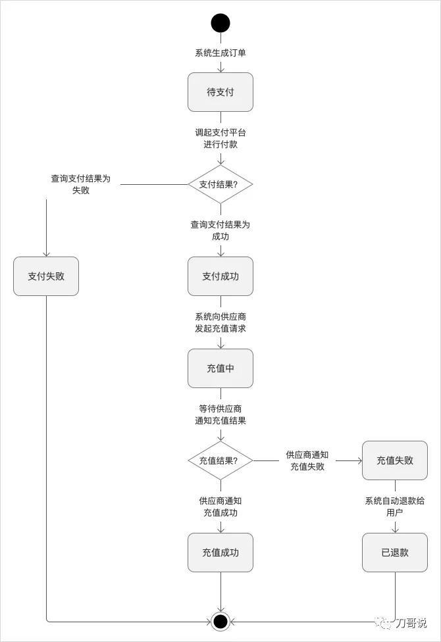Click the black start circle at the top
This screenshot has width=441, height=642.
tap(220, 23)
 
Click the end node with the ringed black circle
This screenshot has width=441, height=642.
tap(220, 621)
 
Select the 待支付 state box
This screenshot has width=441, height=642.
tap(220, 92)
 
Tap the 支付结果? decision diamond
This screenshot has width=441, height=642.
tap(220, 184)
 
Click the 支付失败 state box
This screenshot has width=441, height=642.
tap(46, 276)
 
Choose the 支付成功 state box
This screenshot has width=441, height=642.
tap(220, 276)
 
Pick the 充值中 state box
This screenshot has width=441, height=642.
tap(220, 368)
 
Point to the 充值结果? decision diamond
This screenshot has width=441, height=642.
tap(220, 460)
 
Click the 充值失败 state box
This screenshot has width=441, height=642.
tap(395, 460)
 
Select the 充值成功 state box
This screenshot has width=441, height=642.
tap(220, 553)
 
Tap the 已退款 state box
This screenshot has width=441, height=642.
tap(395, 553)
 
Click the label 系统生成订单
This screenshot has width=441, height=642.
tap(220, 53)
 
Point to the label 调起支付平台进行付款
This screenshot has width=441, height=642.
tap(220, 138)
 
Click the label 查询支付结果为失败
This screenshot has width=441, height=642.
tap(81, 184)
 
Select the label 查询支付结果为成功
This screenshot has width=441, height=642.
tap(220, 230)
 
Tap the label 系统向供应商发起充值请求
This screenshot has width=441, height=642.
tap(220, 322)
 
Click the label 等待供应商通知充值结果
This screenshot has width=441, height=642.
tap(220, 414)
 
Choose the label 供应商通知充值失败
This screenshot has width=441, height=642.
tap(307, 460)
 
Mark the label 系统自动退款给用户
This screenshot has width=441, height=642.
tap(395, 506)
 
